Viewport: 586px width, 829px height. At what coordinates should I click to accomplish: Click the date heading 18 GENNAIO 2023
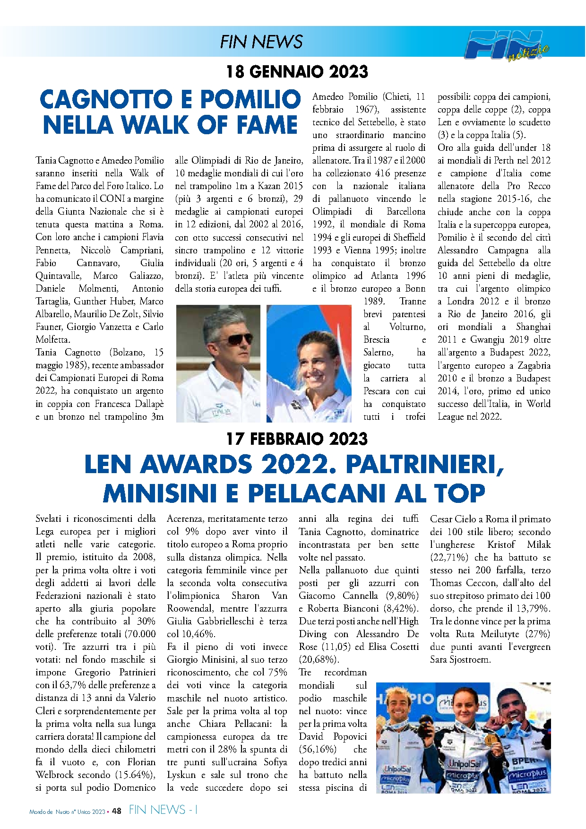click(x=297, y=72)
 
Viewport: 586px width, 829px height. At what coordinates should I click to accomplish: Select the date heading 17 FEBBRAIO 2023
click(x=297, y=439)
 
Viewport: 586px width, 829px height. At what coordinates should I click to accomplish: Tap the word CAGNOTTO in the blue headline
click(x=105, y=99)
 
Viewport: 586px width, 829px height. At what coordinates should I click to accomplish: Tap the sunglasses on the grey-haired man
click(x=234, y=339)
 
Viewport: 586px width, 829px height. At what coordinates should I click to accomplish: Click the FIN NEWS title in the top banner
click(x=261, y=42)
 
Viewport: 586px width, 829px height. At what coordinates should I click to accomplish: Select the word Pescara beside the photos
click(x=377, y=391)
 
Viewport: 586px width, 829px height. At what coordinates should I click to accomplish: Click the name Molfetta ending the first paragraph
click(x=52, y=339)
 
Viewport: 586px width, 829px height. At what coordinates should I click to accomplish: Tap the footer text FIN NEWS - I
click(x=164, y=810)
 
